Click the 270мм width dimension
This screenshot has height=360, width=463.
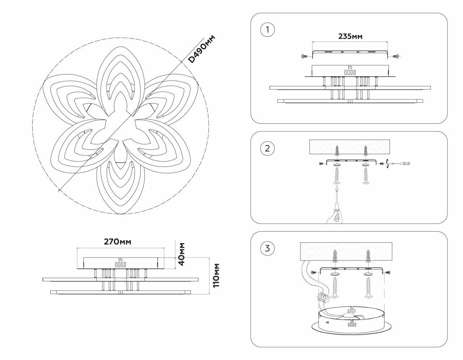(118, 242)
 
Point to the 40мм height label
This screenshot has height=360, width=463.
(182, 252)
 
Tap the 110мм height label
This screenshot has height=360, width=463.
(216, 275)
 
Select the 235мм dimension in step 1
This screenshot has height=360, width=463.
(350, 36)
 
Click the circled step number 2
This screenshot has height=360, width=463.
(267, 149)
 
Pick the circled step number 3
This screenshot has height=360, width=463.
(267, 248)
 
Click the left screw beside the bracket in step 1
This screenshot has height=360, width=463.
(303, 56)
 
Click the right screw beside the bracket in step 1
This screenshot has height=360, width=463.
(396, 56)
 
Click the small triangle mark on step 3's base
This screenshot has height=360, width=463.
(327, 322)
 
